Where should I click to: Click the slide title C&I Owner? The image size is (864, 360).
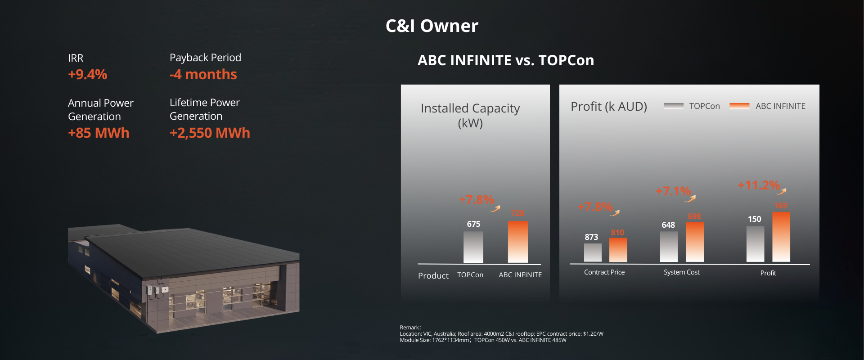click(x=432, y=26)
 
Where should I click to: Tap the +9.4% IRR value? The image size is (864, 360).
click(x=88, y=74)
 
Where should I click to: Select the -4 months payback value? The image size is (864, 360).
click(x=203, y=74)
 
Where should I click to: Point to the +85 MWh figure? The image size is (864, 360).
click(x=99, y=133)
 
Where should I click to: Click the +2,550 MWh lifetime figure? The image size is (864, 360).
click(x=210, y=133)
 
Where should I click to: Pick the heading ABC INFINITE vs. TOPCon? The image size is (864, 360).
click(x=506, y=60)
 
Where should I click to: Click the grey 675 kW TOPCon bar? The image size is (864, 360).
click(x=473, y=247)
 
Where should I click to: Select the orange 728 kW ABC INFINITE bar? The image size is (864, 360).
click(x=518, y=242)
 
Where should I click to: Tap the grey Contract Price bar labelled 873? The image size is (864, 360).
click(x=593, y=252)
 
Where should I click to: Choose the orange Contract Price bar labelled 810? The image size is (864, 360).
click(x=618, y=250)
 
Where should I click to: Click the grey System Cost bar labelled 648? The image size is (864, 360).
click(x=669, y=247)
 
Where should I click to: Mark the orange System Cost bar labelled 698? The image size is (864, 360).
click(x=695, y=242)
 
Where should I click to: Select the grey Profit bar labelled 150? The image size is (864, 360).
click(x=755, y=244)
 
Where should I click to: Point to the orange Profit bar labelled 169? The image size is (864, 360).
click(x=781, y=237)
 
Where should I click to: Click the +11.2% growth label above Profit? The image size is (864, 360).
click(x=759, y=185)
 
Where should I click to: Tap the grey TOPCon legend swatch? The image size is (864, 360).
click(x=674, y=106)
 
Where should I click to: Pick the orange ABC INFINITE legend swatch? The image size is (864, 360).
click(x=739, y=106)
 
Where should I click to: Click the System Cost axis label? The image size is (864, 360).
click(x=681, y=272)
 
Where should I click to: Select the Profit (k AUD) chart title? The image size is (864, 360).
click(x=609, y=107)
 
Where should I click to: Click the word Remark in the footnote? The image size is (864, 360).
click(x=409, y=328)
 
